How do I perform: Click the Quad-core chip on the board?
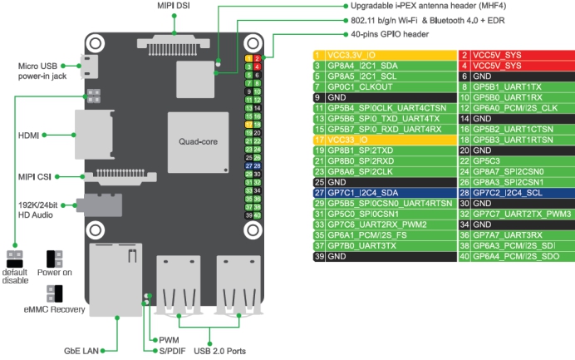197,141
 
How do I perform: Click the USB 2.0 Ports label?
220,352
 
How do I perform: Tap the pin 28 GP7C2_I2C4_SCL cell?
514,192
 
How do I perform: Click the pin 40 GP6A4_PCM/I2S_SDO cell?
514,256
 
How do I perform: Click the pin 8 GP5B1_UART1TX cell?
514,86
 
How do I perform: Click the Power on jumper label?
55,272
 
